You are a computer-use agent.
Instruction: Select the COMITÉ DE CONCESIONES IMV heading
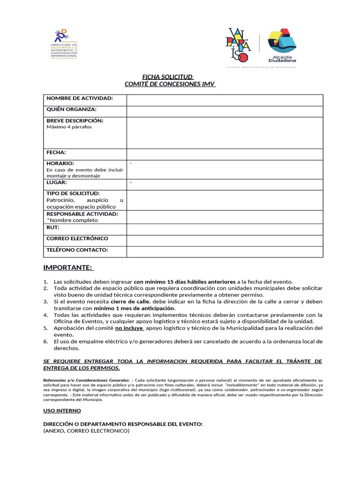pyautogui.click(x=170, y=84)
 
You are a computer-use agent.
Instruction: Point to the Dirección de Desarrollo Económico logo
pyautogui.click(x=64, y=44)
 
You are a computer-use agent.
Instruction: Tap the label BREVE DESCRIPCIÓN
pyautogui.click(x=75, y=120)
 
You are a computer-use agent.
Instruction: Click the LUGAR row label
pyautogui.click(x=57, y=182)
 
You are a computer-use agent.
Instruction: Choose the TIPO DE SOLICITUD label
pyautogui.click(x=73, y=193)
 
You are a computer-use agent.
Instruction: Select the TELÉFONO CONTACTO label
pyautogui.click(x=77, y=250)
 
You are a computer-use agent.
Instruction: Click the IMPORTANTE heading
pyautogui.click(x=68, y=268)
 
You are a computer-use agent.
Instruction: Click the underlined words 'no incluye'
pyautogui.click(x=129, y=328)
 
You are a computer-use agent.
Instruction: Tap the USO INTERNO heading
pyautogui.click(x=62, y=411)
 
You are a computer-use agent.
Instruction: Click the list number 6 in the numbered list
pyautogui.click(x=46, y=341)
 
